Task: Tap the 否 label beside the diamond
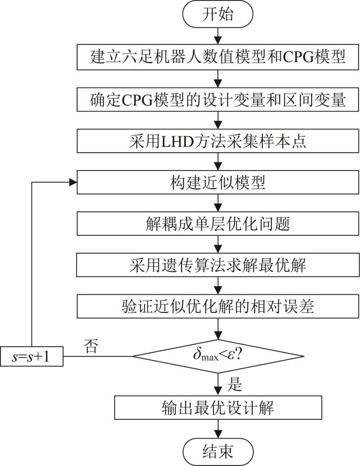91,346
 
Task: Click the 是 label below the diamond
235,384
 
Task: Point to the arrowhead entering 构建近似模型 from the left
73,182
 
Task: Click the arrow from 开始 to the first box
219,36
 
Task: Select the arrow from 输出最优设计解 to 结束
219,429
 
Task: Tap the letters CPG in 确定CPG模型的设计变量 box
137,100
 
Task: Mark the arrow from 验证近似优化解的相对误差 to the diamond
219,329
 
